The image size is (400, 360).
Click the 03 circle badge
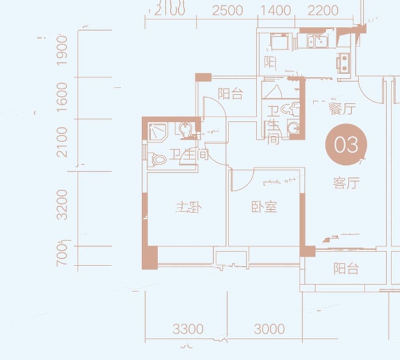[346, 144]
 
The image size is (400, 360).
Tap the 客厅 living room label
[346, 183]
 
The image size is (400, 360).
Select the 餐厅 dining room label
[342, 109]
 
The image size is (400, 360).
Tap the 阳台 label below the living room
[346, 268]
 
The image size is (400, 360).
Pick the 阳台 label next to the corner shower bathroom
[231, 94]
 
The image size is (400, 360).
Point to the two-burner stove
[343, 63]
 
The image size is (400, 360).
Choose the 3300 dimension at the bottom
[188, 329]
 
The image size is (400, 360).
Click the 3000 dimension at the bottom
[269, 329]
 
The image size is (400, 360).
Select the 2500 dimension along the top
[227, 10]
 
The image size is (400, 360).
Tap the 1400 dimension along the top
[275, 10]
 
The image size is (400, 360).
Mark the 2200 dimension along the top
[323, 10]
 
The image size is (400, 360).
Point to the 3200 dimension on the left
[63, 204]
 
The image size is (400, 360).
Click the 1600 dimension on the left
[63, 98]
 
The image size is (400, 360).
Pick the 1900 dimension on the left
[63, 50]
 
